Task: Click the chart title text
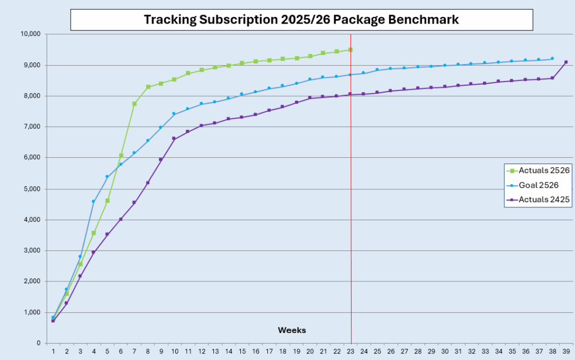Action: pyautogui.click(x=301, y=20)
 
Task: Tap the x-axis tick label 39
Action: pyautogui.click(x=565, y=352)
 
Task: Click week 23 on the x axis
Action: pyautogui.click(x=350, y=352)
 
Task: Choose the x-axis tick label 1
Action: pyautogui.click(x=53, y=352)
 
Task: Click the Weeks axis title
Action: pyautogui.click(x=292, y=330)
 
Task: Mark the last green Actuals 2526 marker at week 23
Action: pyautogui.click(x=350, y=50)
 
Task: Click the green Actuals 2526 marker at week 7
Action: pyautogui.click(x=134, y=104)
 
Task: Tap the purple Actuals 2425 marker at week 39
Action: pyautogui.click(x=566, y=62)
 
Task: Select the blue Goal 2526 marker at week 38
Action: pyautogui.click(x=552, y=58)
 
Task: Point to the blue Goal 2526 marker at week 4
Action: pyautogui.click(x=93, y=202)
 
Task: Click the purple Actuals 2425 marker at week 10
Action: pyautogui.click(x=174, y=139)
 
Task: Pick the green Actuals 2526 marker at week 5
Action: pyautogui.click(x=107, y=200)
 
